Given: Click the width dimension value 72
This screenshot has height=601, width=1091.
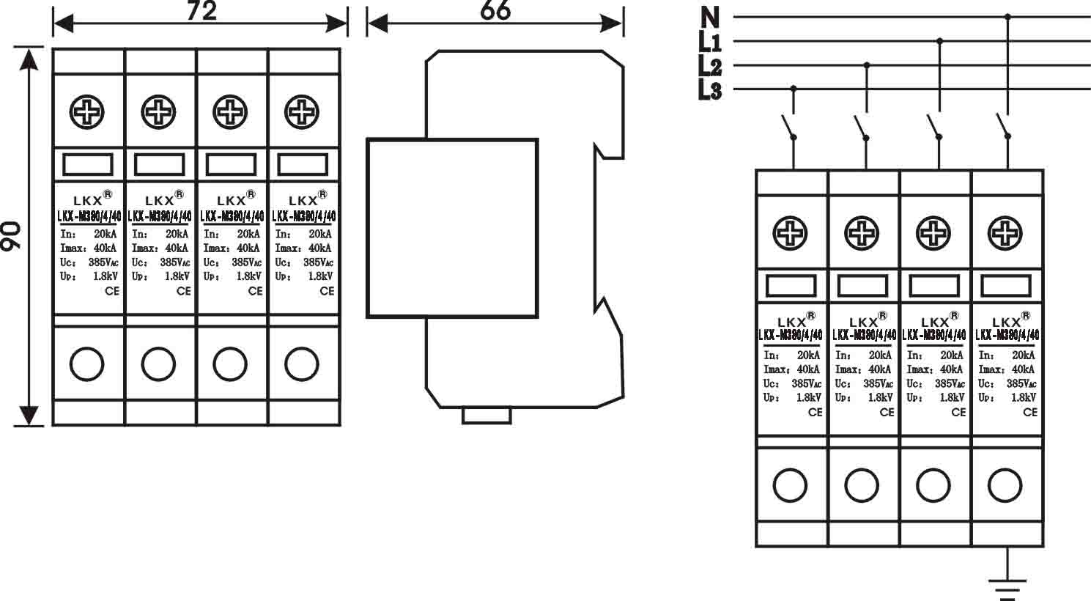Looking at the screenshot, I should pyautogui.click(x=201, y=10).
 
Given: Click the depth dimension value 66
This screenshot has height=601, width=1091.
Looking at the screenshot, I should pyautogui.click(x=495, y=10).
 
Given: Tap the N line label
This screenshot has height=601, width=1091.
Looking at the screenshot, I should pyautogui.click(x=710, y=16).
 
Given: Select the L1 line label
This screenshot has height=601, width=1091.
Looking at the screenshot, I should pyautogui.click(x=710, y=42).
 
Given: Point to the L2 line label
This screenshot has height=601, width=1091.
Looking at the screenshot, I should pyautogui.click(x=710, y=67).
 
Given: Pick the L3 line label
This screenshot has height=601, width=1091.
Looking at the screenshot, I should pyautogui.click(x=710, y=91).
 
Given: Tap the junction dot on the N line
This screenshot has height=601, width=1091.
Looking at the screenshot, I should pyautogui.click(x=1008, y=16).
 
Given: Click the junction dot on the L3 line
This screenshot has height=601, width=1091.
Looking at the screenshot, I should pyautogui.click(x=793, y=89).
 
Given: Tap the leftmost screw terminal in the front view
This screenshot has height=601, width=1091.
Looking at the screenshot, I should pyautogui.click(x=87, y=113).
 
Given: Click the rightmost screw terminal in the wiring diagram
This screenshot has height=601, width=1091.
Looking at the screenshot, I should pyautogui.click(x=1005, y=234).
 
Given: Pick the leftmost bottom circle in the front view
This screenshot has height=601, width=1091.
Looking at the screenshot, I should pyautogui.click(x=87, y=364).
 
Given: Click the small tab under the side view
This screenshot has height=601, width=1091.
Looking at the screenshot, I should pyautogui.click(x=486, y=416).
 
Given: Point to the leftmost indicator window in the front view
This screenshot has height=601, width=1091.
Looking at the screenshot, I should pyautogui.click(x=87, y=164).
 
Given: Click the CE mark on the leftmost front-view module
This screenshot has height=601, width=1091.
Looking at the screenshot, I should pyautogui.click(x=111, y=291).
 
